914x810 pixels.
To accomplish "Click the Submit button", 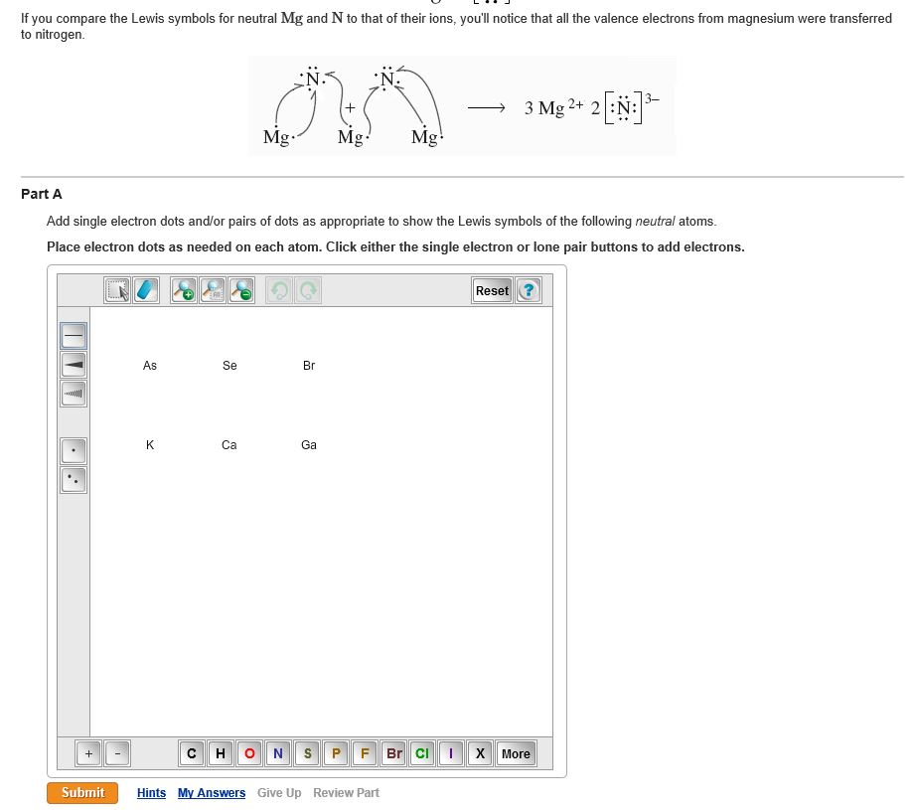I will [x=82, y=792].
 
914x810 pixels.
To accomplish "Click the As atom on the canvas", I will [x=150, y=366].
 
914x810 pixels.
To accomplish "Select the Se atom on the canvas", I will [x=229, y=366].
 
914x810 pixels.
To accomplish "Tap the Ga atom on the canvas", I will [x=309, y=445].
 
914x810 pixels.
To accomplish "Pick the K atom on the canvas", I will [x=150, y=445].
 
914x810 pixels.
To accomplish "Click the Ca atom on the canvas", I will [x=229, y=445].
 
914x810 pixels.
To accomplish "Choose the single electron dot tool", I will [x=75, y=451].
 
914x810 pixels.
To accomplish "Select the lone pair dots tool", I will [x=75, y=480].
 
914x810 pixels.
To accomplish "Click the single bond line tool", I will [x=75, y=336].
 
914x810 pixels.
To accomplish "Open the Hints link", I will [x=151, y=793].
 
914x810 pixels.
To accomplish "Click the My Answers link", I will [x=212, y=793].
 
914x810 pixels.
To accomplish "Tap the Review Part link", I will [x=346, y=793].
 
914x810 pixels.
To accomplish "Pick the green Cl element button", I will [x=422, y=753].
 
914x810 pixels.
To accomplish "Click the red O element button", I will [x=249, y=753].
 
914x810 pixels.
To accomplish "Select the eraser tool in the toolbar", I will [x=146, y=290].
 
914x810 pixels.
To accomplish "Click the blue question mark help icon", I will [x=529, y=290].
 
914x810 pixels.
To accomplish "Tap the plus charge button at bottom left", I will [x=88, y=753].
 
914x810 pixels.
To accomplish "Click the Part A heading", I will [x=42, y=194].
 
